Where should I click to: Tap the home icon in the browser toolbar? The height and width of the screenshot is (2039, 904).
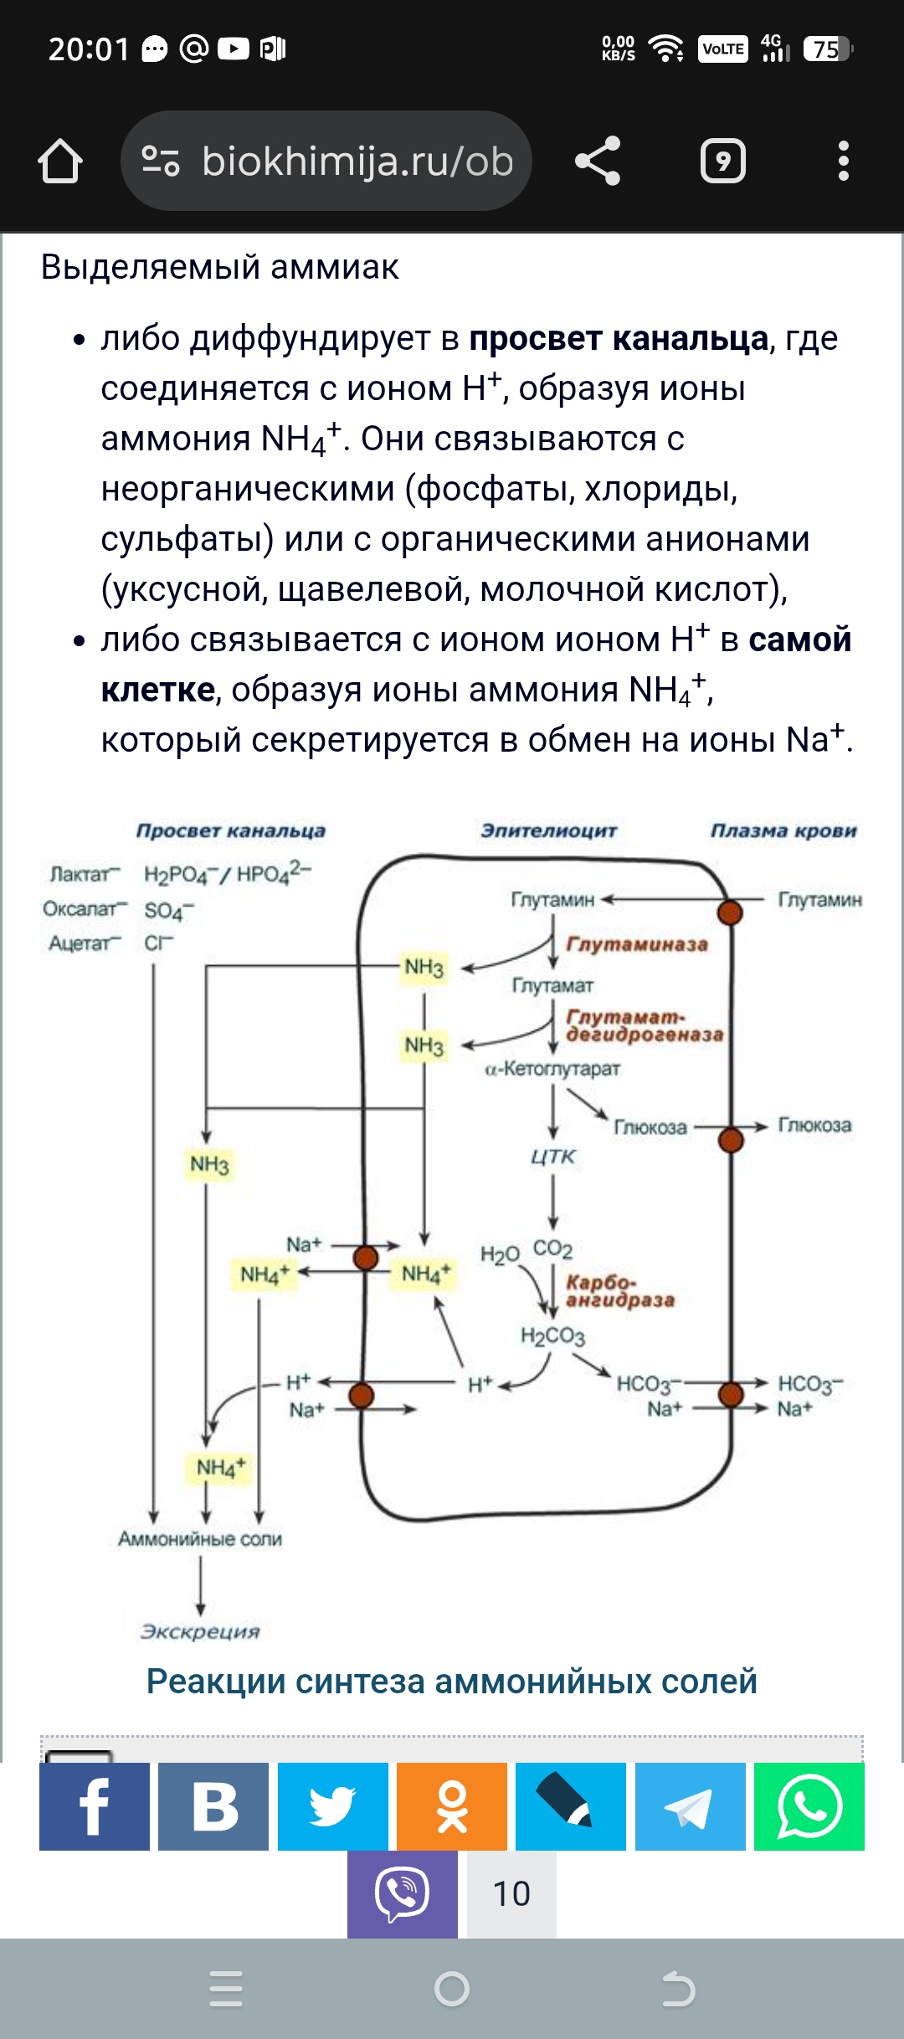click(x=60, y=161)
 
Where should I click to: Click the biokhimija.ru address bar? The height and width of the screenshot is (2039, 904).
click(x=326, y=161)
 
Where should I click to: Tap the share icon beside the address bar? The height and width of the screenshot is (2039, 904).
click(x=598, y=161)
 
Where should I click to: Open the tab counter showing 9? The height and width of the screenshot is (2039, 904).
click(x=722, y=161)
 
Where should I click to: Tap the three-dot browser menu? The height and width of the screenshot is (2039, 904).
click(x=843, y=161)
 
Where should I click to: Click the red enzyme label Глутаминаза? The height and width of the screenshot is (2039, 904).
click(x=637, y=944)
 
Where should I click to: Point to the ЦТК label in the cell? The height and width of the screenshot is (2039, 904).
click(x=553, y=1157)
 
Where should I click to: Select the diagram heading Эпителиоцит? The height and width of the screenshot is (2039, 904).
click(x=548, y=830)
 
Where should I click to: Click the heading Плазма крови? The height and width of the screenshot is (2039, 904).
click(x=783, y=830)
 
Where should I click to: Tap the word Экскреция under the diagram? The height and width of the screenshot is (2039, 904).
click(x=200, y=1631)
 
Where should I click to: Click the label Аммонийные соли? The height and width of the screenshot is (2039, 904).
click(x=200, y=1538)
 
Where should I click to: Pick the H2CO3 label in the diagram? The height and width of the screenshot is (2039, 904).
click(x=552, y=1335)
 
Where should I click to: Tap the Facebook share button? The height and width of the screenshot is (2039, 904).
click(x=95, y=1805)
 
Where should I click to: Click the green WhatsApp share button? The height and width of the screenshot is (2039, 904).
click(x=809, y=1805)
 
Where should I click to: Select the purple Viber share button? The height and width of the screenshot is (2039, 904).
click(x=403, y=1893)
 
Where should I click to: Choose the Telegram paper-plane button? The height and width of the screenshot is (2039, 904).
click(x=690, y=1805)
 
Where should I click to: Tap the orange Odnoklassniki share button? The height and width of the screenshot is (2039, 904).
click(x=452, y=1805)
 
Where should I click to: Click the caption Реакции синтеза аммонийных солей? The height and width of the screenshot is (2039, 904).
click(x=452, y=1682)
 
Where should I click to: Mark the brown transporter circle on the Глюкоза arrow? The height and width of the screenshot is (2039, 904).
click(x=731, y=1139)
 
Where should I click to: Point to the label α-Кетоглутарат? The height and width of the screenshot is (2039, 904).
click(x=552, y=1069)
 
